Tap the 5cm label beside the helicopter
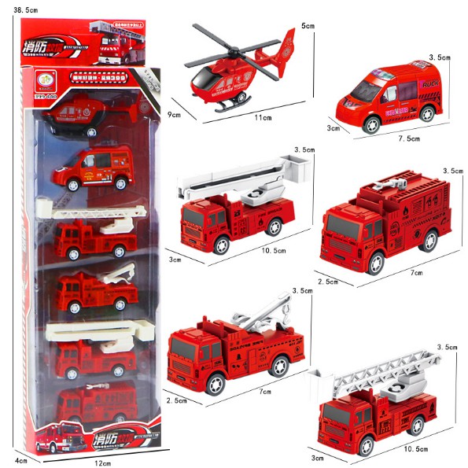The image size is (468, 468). coord(307,25)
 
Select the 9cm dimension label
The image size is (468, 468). coord(174,115)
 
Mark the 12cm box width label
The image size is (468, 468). coord(102,463)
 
